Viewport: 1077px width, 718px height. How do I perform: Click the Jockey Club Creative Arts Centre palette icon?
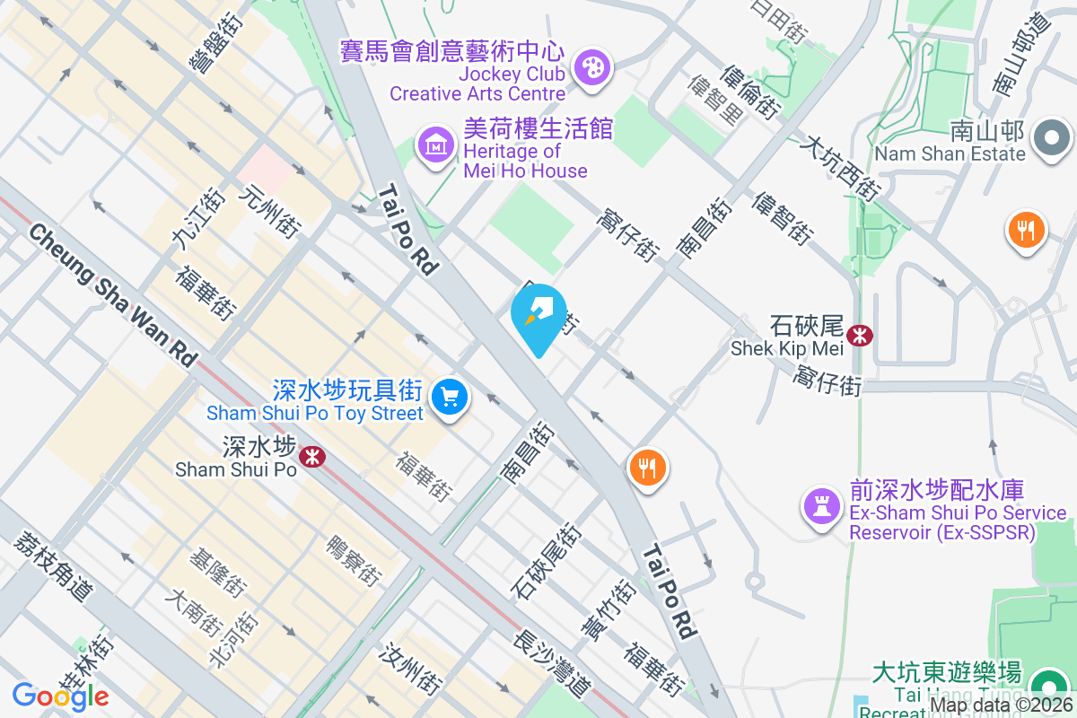click(591, 67)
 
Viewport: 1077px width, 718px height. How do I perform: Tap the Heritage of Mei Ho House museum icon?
click(435, 144)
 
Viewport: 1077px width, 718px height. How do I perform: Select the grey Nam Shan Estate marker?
click(1052, 139)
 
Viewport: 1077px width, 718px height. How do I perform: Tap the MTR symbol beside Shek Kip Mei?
click(860, 336)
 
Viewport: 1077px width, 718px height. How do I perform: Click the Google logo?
click(60, 696)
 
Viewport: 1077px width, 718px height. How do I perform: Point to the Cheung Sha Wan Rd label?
click(113, 293)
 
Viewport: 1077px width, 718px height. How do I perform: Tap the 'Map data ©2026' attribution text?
click(1001, 705)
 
